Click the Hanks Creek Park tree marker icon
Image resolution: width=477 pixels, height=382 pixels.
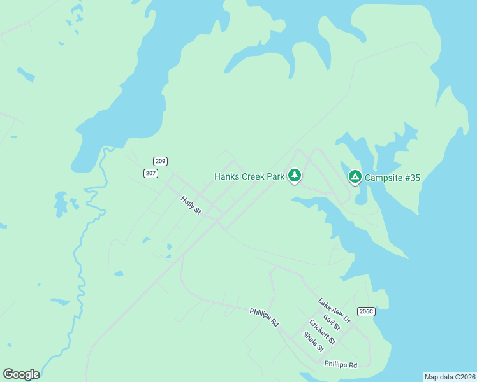[294, 175]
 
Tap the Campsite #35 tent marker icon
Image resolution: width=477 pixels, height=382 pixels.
[355, 177]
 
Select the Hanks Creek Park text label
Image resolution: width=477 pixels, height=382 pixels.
[249, 176]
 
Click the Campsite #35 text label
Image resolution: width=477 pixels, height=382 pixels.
[392, 178]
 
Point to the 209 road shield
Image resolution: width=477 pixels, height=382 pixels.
[160, 162]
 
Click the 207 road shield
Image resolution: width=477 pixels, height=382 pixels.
[150, 173]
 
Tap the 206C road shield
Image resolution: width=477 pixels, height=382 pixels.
[365, 311]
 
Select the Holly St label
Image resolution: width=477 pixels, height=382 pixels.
[191, 205]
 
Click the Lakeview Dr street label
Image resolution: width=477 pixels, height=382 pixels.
[335, 310]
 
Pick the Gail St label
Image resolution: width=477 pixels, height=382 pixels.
[332, 322]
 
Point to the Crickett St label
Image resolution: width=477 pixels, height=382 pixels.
[322, 332]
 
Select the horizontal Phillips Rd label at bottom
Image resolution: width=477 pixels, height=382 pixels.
[341, 365]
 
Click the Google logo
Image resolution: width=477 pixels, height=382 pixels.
[21, 374]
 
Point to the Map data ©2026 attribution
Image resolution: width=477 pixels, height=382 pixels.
[450, 377]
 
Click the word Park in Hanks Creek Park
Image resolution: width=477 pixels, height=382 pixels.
[275, 176]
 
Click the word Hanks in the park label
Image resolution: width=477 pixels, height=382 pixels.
[226, 176]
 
